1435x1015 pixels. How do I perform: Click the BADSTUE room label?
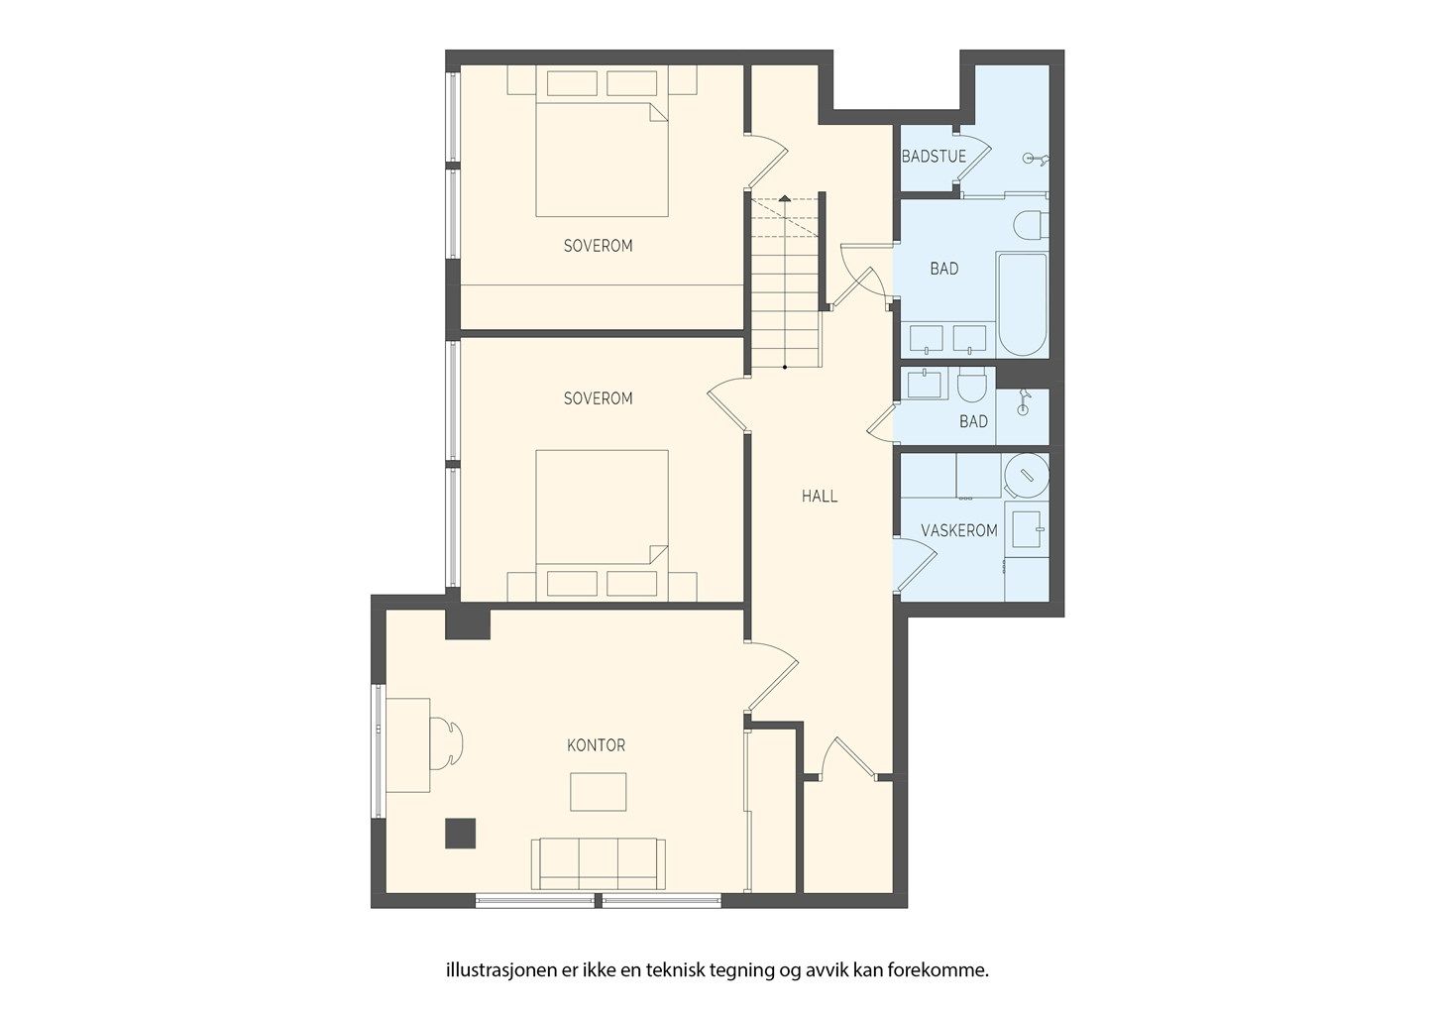click(x=934, y=157)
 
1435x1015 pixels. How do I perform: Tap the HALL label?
click(x=820, y=496)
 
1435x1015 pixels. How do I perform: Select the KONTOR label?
click(x=596, y=745)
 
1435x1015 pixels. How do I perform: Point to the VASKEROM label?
click(x=959, y=530)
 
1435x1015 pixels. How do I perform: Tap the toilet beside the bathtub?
click(x=1031, y=225)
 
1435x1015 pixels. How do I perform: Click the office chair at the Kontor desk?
click(x=447, y=744)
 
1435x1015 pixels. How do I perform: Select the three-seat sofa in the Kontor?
click(x=599, y=863)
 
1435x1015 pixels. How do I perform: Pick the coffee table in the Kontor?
click(x=599, y=792)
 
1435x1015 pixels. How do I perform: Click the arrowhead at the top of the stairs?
click(x=785, y=198)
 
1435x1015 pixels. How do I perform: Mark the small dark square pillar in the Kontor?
click(x=461, y=834)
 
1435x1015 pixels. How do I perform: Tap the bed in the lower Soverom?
click(x=603, y=525)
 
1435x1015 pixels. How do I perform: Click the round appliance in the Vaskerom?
click(x=1027, y=476)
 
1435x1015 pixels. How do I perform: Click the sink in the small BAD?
click(x=924, y=384)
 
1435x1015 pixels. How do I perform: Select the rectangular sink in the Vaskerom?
click(x=1027, y=529)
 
